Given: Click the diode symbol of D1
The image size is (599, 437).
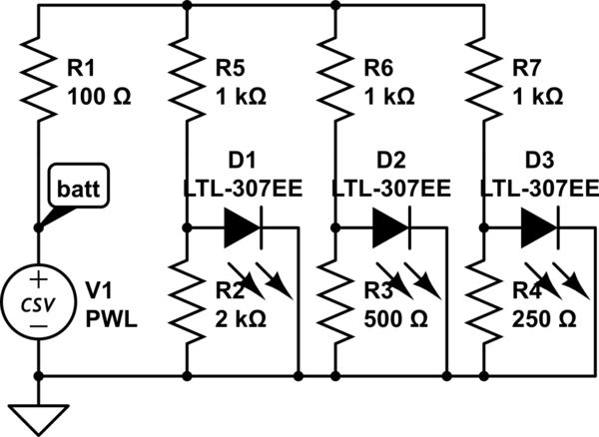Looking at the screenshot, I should point(241,228).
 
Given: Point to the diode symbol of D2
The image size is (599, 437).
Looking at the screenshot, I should point(388,228).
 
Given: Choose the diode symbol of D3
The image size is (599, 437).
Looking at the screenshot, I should point(536,228).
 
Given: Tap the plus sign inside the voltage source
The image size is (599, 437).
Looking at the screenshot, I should point(38,281).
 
